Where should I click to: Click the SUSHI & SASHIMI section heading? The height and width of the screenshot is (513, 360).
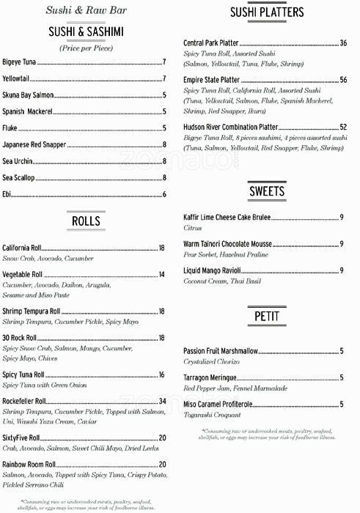86,31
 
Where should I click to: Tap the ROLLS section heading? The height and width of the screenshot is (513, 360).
86,221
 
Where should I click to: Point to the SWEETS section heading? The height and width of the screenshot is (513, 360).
267,192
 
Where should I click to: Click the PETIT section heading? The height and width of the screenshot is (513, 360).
266,317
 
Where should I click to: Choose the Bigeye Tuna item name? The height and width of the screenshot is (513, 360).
19,62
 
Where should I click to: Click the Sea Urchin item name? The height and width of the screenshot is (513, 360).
17,161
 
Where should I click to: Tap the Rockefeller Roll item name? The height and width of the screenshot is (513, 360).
24,401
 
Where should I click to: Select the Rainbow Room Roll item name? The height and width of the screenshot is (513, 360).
29,464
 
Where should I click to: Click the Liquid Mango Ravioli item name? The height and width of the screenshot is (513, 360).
218,270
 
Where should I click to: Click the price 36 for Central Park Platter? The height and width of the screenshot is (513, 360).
343,43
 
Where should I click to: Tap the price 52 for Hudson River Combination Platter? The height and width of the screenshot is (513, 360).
343,127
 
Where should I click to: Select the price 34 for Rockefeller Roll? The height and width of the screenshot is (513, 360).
162,401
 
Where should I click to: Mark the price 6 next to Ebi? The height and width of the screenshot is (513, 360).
164,194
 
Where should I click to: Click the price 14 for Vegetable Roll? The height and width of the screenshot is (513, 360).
162,274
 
